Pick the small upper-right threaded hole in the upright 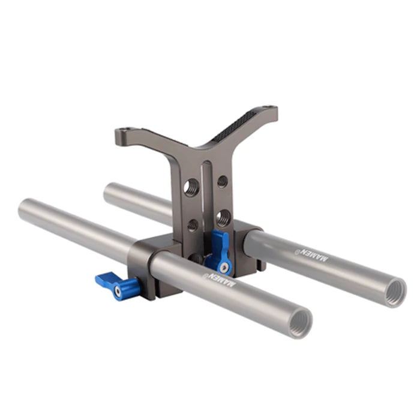point(223,181)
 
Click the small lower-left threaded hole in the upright point(193,225)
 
